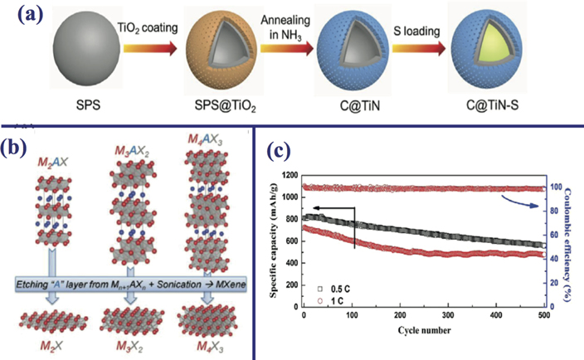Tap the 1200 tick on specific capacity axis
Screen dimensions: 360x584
293,176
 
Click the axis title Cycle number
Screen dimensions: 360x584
426,331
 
